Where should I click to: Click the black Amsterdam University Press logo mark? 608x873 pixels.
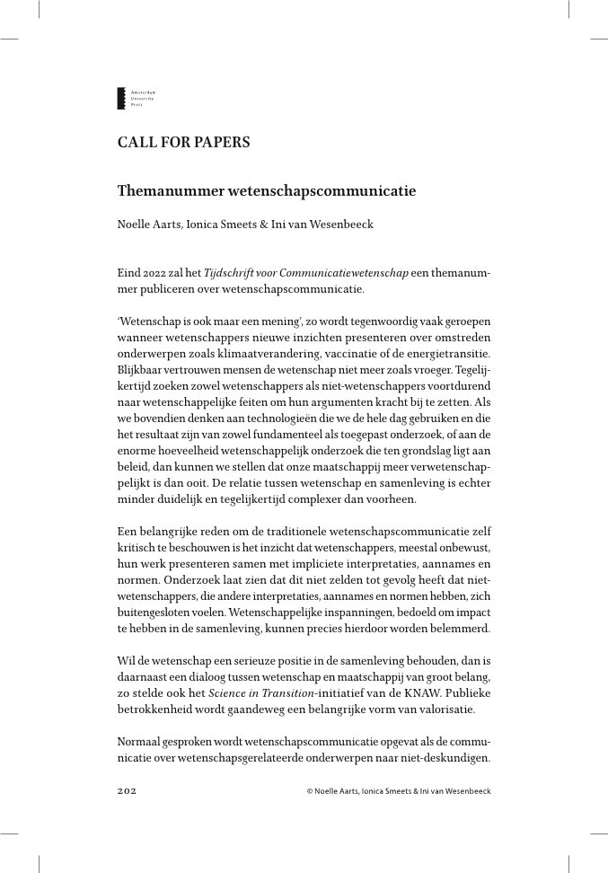pyautogui.click(x=121, y=99)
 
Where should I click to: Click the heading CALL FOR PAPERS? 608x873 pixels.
pyautogui.click(x=183, y=143)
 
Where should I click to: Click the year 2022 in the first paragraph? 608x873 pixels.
pyautogui.click(x=156, y=272)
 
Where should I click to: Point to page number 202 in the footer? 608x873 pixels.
pyautogui.click(x=127, y=791)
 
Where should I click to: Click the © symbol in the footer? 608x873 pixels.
pyautogui.click(x=309, y=791)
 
